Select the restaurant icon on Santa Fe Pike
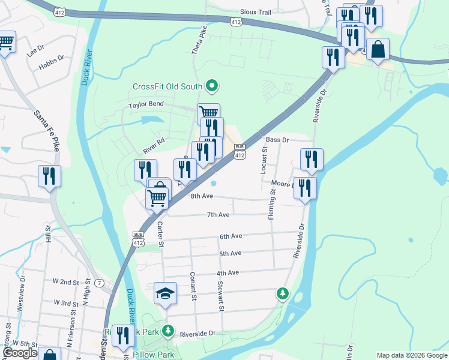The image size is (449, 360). tap(49, 176)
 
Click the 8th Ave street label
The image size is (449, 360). tap(202, 196)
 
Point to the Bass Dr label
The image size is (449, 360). tap(277, 140)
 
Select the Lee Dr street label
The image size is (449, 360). tap(36, 47)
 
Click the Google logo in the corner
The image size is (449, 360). tap(20, 353)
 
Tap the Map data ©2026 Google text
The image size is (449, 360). tap(411, 355)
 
